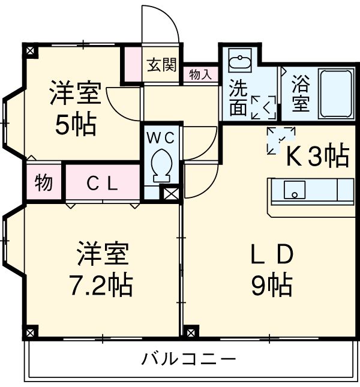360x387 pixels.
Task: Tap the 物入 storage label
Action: [x=200, y=74]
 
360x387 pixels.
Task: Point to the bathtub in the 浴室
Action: [x=336, y=94]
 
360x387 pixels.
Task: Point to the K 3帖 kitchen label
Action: [x=316, y=157]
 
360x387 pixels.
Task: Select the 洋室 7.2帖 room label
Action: [x=103, y=271]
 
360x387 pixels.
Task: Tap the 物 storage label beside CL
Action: [x=43, y=184]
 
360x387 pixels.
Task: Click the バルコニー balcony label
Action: [x=189, y=360]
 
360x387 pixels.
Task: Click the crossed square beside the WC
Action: [x=171, y=193]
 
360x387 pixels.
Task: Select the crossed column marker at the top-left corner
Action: [x=30, y=51]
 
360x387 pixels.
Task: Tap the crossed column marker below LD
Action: [x=191, y=331]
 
